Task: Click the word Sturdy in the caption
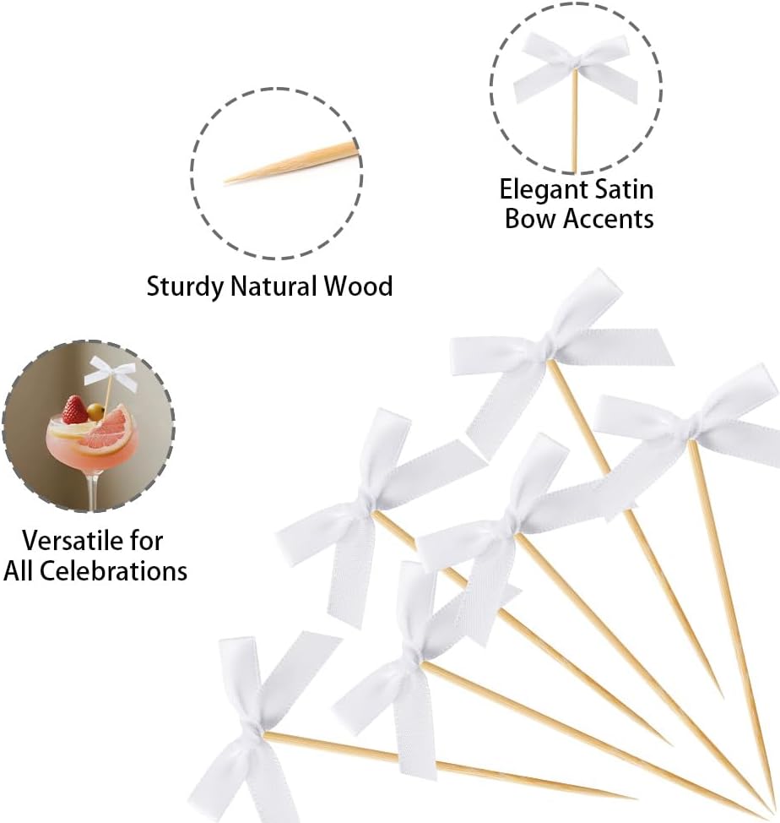pyautogui.click(x=185, y=287)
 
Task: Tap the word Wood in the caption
pyautogui.click(x=358, y=286)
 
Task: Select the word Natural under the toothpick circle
pyautogui.click(x=274, y=286)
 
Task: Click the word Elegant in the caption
pyautogui.click(x=541, y=191)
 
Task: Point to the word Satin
pyautogui.click(x=622, y=189)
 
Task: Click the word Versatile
pyautogui.click(x=71, y=541)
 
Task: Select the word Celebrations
pyautogui.click(x=113, y=570)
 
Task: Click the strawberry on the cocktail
pyautogui.click(x=74, y=410)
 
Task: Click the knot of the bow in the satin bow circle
pyautogui.click(x=575, y=66)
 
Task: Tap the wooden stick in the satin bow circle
pyautogui.click(x=575, y=120)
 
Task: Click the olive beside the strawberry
pyautogui.click(x=95, y=411)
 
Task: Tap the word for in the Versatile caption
pyautogui.click(x=145, y=541)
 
